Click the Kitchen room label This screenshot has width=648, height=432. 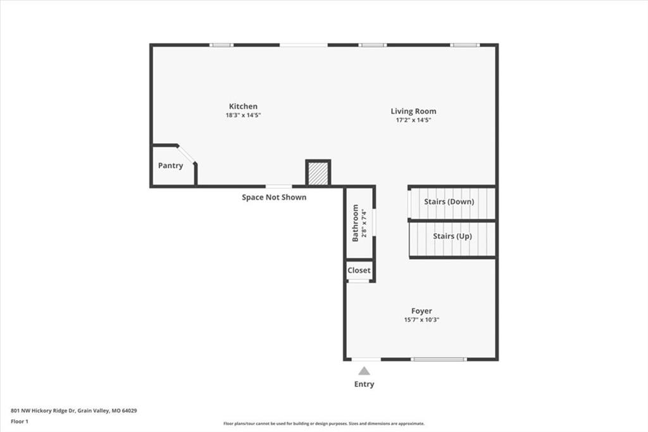[x=243, y=106]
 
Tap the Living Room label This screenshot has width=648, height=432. [x=413, y=111]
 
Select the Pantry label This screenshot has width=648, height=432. [x=170, y=165]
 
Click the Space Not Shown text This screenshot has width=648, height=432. [x=274, y=198]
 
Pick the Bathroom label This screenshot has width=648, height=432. [x=355, y=223]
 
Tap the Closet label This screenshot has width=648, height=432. [x=359, y=270]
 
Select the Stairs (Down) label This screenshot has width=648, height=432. [x=449, y=202]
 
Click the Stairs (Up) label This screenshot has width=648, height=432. [x=452, y=236]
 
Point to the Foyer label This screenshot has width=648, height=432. [x=421, y=311]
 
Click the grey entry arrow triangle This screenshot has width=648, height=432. [x=364, y=371]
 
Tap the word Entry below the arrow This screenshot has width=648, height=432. [x=364, y=384]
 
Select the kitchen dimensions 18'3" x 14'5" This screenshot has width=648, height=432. [x=243, y=115]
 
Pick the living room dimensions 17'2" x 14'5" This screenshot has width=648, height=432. [x=413, y=120]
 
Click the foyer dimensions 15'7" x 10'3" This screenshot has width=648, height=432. [x=421, y=319]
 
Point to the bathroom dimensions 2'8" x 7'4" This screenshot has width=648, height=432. [x=364, y=224]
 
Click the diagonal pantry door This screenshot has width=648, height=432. [x=187, y=155]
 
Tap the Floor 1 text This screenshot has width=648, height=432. [x=20, y=422]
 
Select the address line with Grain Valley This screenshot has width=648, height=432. [x=73, y=411]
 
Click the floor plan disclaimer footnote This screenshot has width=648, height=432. [x=324, y=423]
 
